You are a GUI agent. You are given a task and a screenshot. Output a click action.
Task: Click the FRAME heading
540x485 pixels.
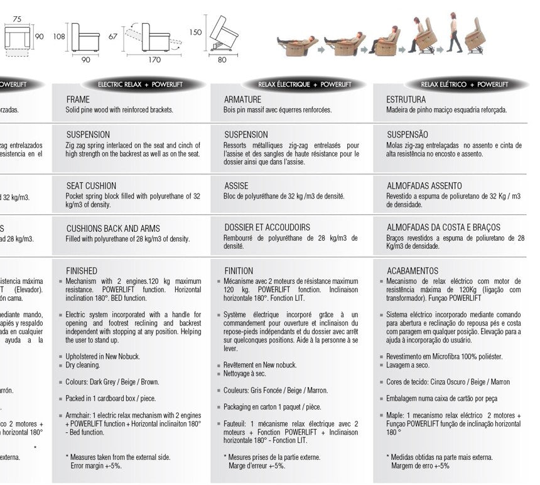78,99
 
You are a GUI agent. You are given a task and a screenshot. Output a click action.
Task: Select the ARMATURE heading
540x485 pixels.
241,99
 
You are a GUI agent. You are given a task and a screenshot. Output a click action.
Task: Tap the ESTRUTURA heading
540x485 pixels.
406,99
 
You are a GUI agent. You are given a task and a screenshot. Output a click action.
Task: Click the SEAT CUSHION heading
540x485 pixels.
91,186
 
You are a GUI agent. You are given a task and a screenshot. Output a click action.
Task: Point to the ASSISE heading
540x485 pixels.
236,186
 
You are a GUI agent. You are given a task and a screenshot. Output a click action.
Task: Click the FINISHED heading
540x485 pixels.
82,271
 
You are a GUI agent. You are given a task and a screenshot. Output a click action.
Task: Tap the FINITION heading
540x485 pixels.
239,271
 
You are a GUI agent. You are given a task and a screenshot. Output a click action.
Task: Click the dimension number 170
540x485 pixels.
154,60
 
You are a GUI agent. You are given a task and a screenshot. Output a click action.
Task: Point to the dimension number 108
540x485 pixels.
60,36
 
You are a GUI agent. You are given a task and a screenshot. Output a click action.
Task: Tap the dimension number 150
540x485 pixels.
195,32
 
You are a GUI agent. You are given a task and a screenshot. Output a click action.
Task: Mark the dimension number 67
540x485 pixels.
112,36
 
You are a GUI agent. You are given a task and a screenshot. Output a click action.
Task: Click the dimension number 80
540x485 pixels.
222,60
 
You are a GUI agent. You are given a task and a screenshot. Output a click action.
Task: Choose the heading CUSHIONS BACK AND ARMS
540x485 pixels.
113,228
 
